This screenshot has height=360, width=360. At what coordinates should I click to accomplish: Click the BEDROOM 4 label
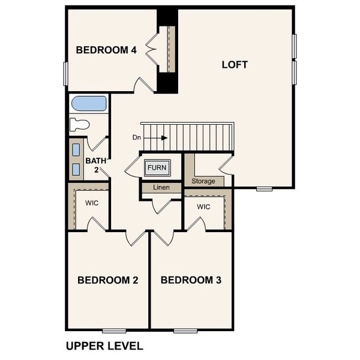click(106, 50)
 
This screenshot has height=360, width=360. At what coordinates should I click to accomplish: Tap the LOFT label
click(235, 64)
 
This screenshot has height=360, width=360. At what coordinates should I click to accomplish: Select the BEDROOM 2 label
click(108, 280)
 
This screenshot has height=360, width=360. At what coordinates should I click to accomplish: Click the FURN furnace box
click(157, 167)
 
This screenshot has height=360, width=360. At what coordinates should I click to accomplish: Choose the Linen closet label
click(161, 188)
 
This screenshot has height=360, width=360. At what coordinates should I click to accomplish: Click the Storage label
click(203, 181)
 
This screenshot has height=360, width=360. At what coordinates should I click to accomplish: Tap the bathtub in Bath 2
click(89, 104)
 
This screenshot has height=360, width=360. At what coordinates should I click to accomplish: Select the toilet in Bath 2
click(79, 125)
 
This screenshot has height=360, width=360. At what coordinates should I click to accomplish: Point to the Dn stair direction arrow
click(157, 137)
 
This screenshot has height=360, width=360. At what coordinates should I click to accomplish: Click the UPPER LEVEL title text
click(104, 346)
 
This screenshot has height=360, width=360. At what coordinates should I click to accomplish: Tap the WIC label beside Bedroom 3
click(203, 207)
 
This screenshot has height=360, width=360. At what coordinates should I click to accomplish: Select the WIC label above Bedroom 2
click(92, 203)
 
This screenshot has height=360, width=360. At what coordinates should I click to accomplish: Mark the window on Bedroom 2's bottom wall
click(114, 331)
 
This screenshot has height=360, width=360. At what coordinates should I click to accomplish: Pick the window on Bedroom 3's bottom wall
click(185, 331)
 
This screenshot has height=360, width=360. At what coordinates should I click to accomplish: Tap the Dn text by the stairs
click(137, 137)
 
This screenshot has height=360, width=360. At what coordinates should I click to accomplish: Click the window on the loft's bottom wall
click(264, 189)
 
